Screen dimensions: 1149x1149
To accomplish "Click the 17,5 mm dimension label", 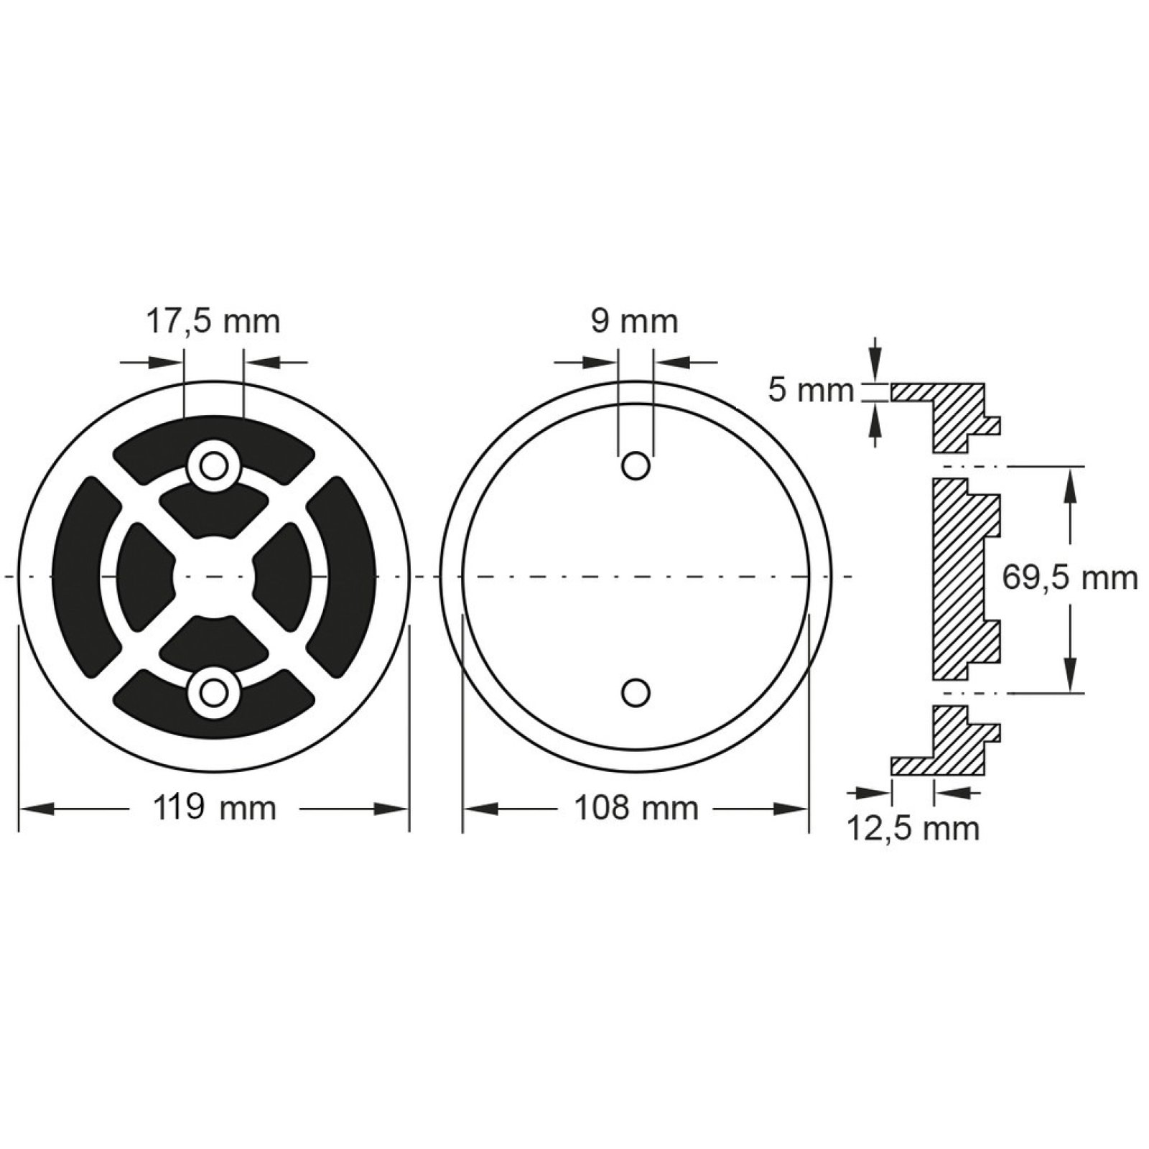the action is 213,322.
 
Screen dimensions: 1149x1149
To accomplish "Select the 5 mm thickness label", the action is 811,392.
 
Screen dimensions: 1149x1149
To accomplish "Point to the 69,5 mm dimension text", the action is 1070,578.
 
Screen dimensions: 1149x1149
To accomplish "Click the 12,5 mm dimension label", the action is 913,829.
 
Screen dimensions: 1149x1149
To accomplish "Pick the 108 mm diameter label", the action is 636,809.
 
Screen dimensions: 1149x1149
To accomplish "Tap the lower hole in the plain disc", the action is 636,693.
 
